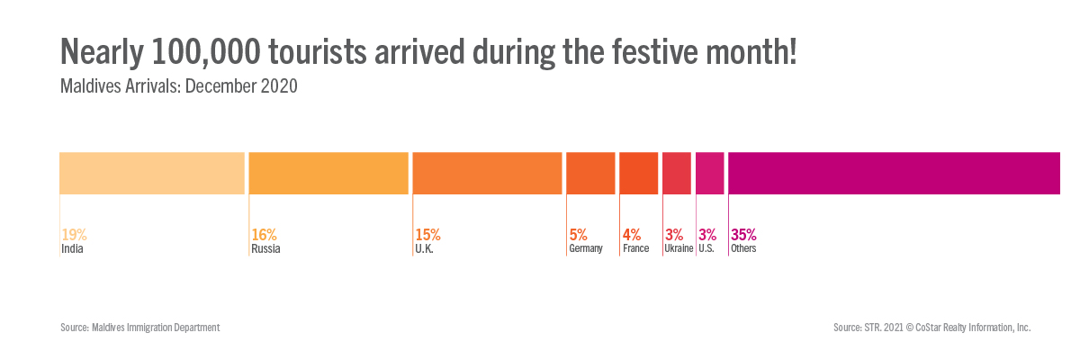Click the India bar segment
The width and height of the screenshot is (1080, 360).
pyautogui.click(x=152, y=173)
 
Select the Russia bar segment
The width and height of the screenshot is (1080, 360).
pyautogui.click(x=328, y=173)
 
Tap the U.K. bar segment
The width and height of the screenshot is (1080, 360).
pyautogui.click(x=487, y=173)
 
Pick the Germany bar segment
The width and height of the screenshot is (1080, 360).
pyautogui.click(x=590, y=173)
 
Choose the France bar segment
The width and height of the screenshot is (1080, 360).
pyautogui.click(x=638, y=173)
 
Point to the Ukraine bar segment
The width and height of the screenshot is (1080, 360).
pyautogui.click(x=677, y=173)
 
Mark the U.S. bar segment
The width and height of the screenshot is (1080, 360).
pyautogui.click(x=709, y=173)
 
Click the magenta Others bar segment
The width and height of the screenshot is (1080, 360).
pyautogui.click(x=895, y=173)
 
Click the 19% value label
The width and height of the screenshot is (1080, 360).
pyautogui.click(x=74, y=235)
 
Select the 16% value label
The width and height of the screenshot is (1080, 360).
pyautogui.click(x=264, y=235)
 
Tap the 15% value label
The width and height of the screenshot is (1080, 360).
pyautogui.click(x=427, y=235)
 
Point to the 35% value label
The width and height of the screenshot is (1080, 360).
pyautogui.click(x=743, y=235)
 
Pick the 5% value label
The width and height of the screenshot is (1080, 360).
pyautogui.click(x=579, y=235)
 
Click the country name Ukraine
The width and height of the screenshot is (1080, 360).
pyautogui.click(x=679, y=249)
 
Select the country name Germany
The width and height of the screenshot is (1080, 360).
pyautogui.click(x=586, y=249)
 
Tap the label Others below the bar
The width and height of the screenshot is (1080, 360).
pyautogui.click(x=743, y=249)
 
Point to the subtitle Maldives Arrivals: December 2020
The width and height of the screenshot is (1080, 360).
pyautogui.click(x=178, y=87)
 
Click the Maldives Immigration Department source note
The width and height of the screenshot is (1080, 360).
pyautogui.click(x=139, y=328)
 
